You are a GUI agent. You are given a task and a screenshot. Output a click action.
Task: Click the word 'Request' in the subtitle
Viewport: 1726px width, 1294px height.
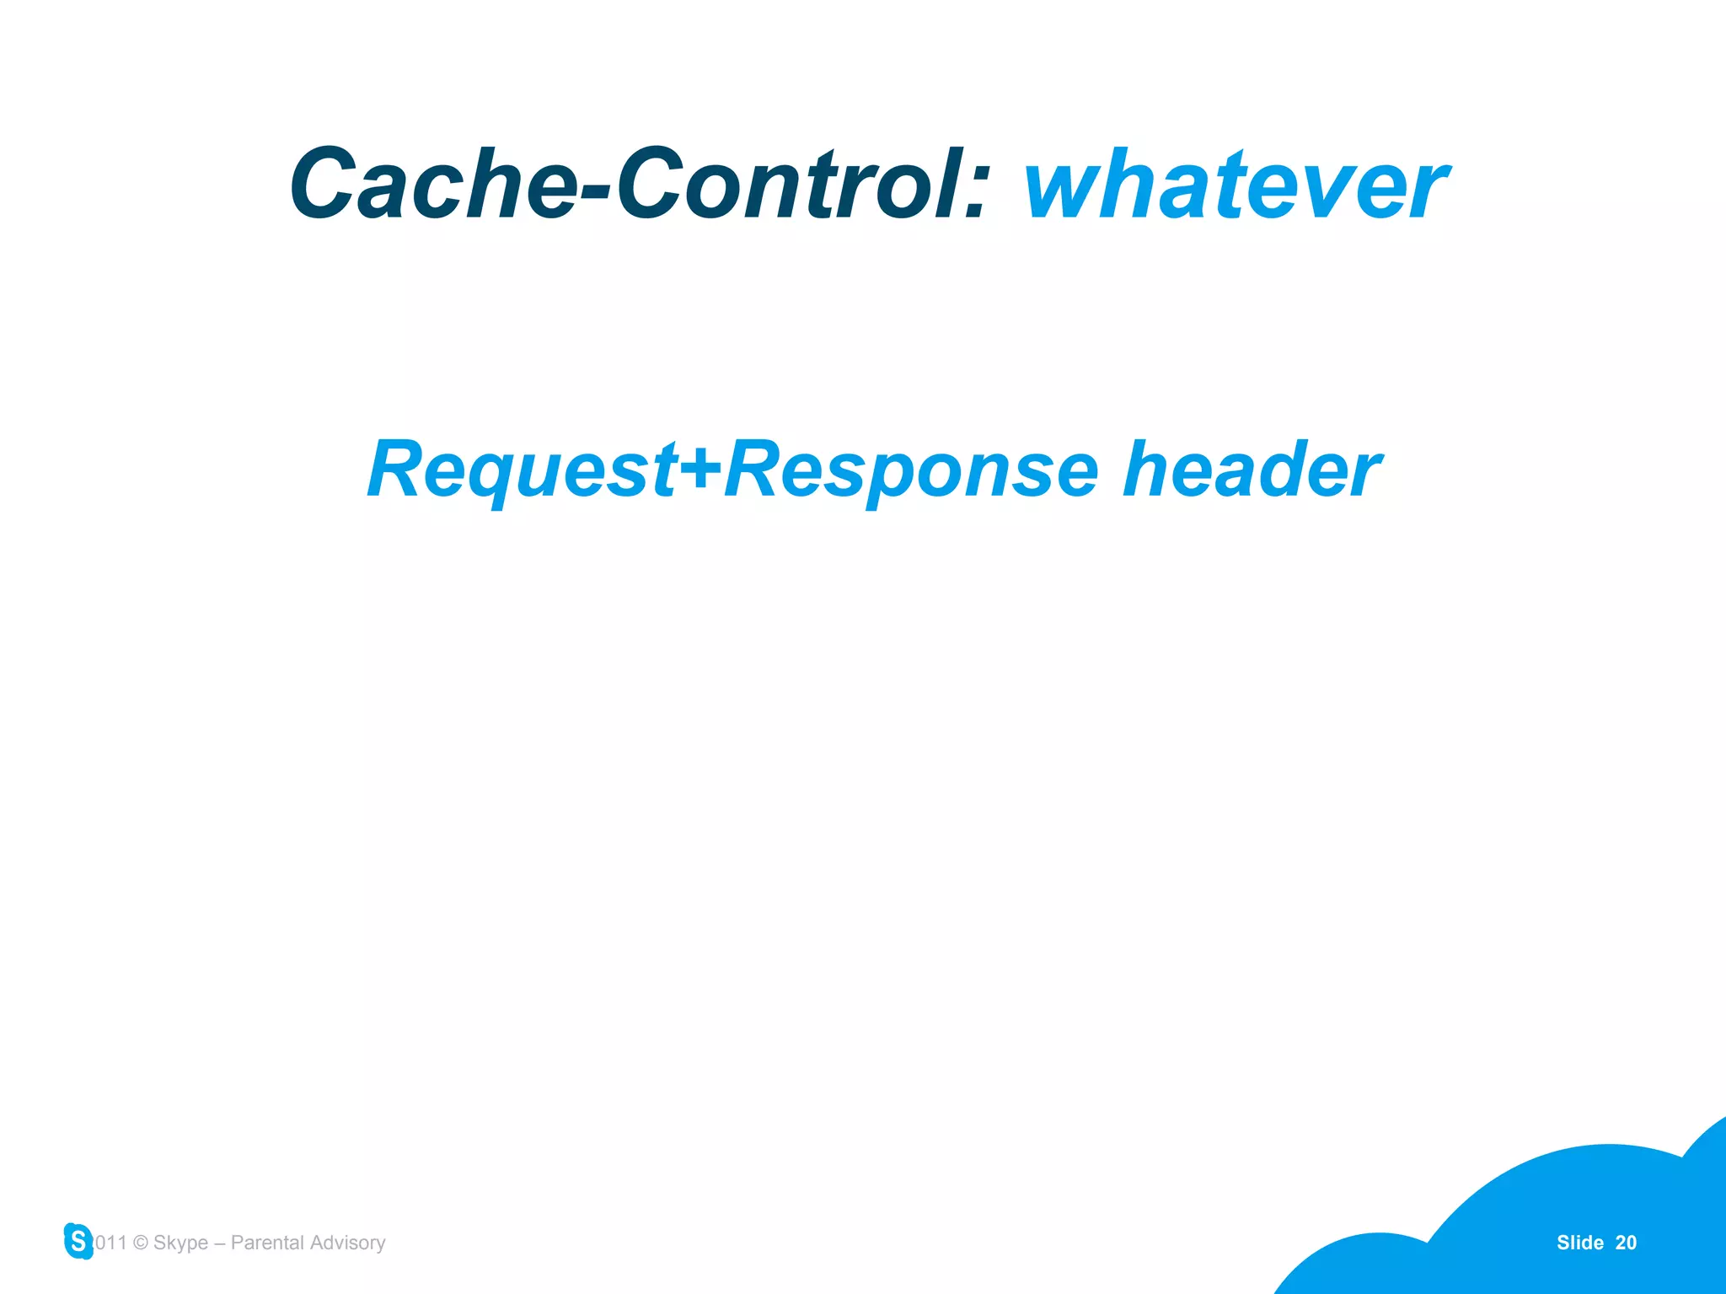(x=523, y=470)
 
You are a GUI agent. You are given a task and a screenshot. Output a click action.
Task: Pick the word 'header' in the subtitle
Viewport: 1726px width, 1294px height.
(x=1252, y=470)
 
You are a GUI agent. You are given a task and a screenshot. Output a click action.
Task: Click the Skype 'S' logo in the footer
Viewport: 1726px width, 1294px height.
(x=78, y=1241)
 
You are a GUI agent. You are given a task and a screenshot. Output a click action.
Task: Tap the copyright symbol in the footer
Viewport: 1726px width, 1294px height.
(x=141, y=1243)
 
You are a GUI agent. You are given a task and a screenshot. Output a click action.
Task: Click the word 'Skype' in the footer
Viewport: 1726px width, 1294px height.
(x=180, y=1243)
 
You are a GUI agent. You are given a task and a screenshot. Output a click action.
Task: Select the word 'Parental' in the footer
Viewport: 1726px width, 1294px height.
(x=267, y=1243)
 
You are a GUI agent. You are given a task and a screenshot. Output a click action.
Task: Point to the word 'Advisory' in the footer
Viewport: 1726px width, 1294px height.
(x=347, y=1243)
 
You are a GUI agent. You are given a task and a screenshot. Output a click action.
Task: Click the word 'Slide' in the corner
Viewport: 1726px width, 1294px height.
(x=1579, y=1243)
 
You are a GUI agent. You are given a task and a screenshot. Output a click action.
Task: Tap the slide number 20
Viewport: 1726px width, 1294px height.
(x=1626, y=1243)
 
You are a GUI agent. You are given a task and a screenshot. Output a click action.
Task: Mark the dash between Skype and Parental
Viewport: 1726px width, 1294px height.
(x=219, y=1243)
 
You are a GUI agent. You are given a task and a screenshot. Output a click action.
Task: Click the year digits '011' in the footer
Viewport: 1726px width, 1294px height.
(x=110, y=1243)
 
